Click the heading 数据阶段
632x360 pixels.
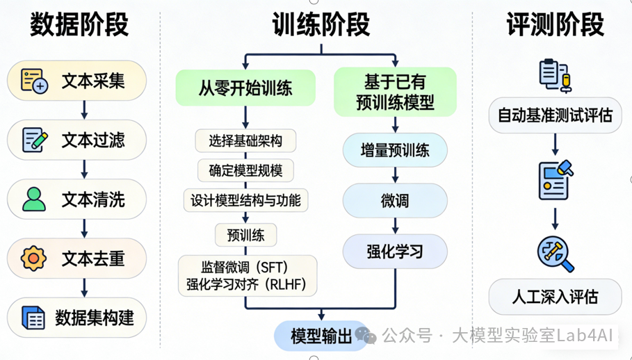click(x=79, y=24)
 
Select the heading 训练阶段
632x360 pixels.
click(x=321, y=24)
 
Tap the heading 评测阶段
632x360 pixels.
click(x=555, y=24)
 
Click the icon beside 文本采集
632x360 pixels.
click(x=33, y=81)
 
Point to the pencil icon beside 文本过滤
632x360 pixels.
click(x=34, y=140)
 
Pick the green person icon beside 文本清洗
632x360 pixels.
click(x=33, y=199)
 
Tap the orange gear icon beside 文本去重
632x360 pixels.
click(x=33, y=259)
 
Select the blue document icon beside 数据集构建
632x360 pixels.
click(x=33, y=318)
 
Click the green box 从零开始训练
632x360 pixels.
click(x=245, y=88)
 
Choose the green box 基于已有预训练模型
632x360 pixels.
click(x=395, y=91)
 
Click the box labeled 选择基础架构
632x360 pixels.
click(x=245, y=141)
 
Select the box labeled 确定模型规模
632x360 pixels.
click(x=245, y=171)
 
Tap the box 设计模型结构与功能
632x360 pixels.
click(x=245, y=201)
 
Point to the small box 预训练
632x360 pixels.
click(x=245, y=235)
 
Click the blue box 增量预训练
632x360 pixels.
click(x=395, y=150)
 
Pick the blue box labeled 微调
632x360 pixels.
click(x=395, y=201)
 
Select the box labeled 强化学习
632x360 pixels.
click(x=395, y=252)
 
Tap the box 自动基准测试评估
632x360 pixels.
click(x=555, y=115)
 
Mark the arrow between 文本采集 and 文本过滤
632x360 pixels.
click(x=84, y=110)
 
